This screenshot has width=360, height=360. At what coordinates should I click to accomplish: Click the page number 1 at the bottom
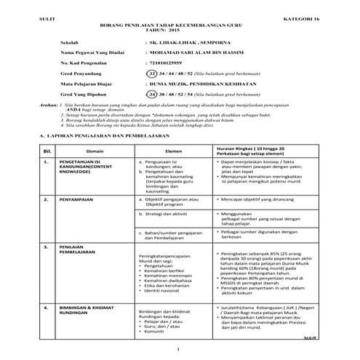[180, 351]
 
